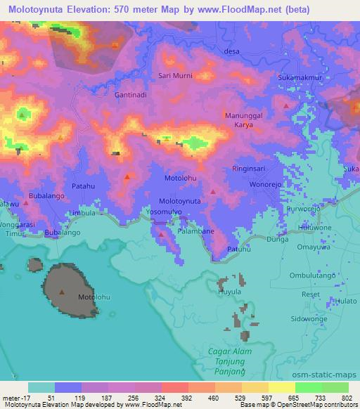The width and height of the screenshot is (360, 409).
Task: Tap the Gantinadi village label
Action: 131,94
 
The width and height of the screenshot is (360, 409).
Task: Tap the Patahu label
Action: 84,186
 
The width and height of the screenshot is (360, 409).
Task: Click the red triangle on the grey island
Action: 63,291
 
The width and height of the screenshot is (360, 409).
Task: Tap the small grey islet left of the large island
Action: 34,265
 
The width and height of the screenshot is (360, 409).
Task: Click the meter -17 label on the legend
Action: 13,397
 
